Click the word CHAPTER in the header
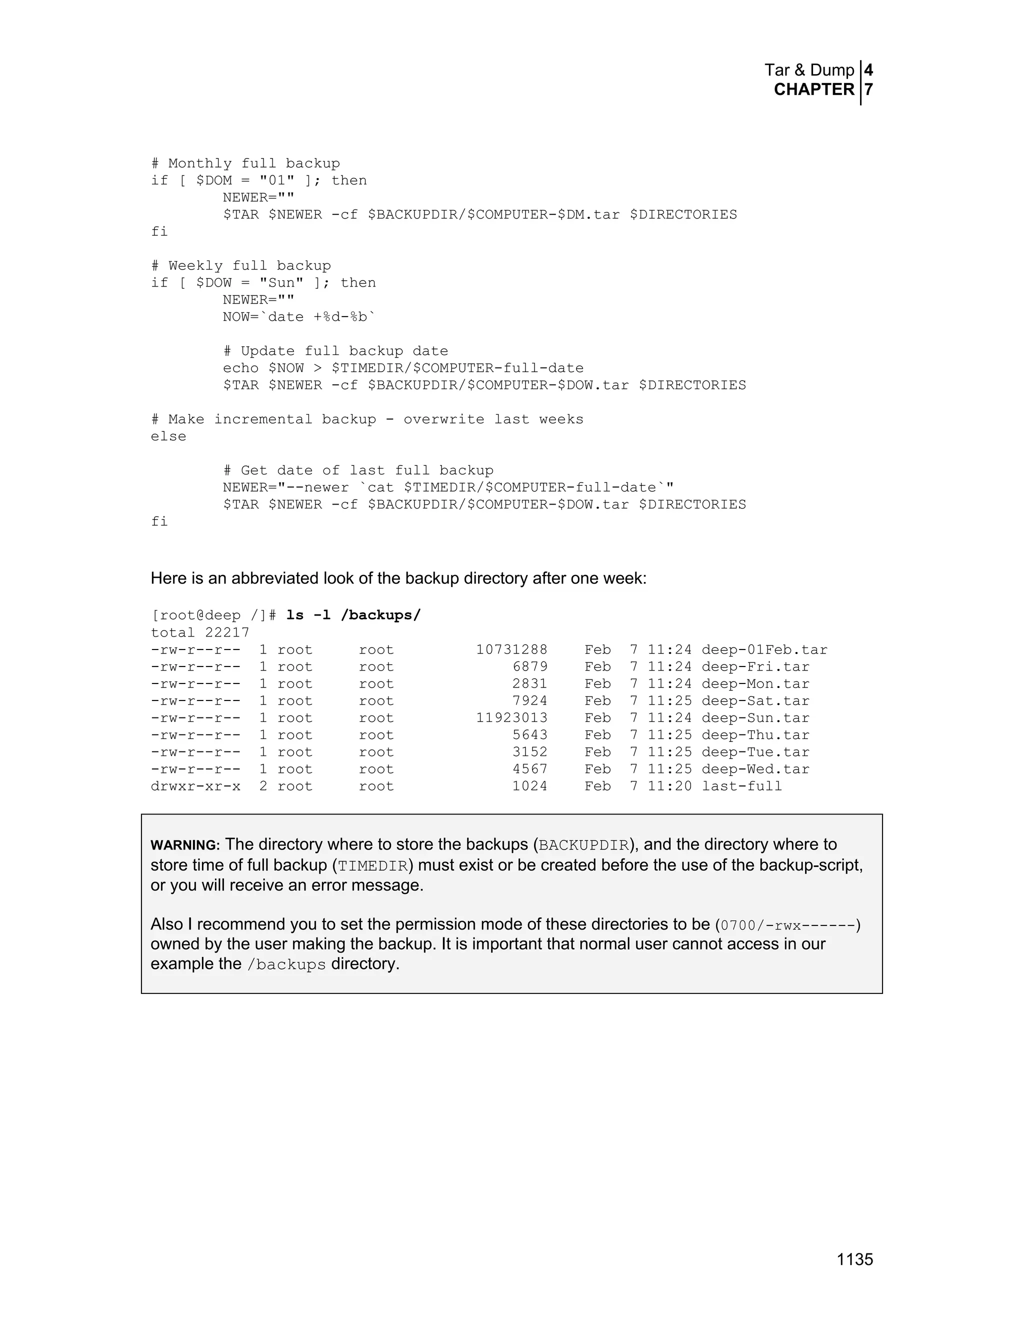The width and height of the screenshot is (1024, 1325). click(x=813, y=90)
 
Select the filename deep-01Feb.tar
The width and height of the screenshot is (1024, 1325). click(x=764, y=650)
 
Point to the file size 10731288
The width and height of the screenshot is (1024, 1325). click(x=511, y=650)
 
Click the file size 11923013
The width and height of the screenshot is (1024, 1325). click(x=511, y=718)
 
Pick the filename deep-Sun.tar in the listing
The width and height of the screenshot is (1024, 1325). click(x=755, y=718)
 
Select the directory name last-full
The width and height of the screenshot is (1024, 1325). click(x=741, y=786)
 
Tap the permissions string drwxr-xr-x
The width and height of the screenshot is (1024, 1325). click(x=195, y=786)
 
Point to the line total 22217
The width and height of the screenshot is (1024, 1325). click(x=199, y=633)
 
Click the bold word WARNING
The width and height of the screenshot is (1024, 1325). click(x=184, y=845)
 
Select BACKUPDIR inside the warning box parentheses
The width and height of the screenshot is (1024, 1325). click(x=583, y=845)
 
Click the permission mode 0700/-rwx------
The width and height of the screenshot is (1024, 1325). click(x=787, y=925)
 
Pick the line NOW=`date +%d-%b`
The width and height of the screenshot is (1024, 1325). click(x=299, y=317)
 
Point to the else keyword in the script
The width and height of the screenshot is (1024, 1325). click(x=168, y=437)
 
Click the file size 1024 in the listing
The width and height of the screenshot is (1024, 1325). click(x=529, y=786)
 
